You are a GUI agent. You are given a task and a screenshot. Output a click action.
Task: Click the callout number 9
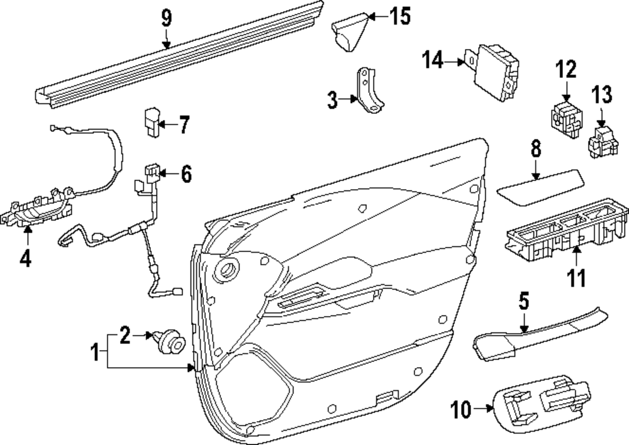click(165, 17)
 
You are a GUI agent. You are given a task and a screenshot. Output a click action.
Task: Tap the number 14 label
click(433, 60)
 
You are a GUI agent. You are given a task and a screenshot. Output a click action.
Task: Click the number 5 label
click(523, 301)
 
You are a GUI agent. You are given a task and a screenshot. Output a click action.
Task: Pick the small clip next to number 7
click(151, 121)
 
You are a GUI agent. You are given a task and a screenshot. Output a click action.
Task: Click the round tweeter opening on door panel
click(226, 270)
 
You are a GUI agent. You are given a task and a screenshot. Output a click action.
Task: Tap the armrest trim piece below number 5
click(538, 333)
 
